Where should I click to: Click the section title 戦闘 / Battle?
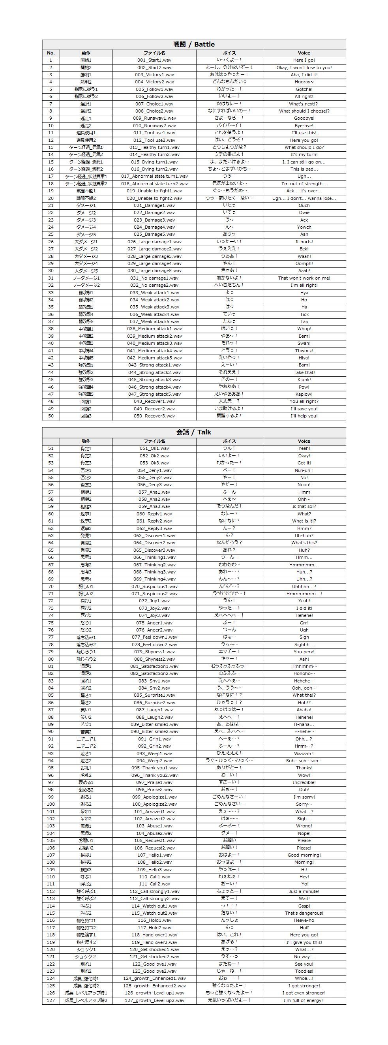(x=194, y=44)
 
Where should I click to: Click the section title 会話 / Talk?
(x=194, y=432)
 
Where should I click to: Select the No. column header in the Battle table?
(x=51, y=53)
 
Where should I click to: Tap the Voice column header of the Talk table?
(x=304, y=441)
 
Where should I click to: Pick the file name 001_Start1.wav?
(x=154, y=60)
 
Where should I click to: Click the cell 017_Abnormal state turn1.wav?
(x=154, y=176)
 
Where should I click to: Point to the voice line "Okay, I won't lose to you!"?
(x=304, y=68)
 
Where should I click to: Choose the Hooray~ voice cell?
(x=304, y=82)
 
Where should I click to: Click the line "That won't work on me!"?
(x=304, y=278)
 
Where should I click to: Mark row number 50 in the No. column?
(x=51, y=416)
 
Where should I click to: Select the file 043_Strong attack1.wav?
(x=154, y=365)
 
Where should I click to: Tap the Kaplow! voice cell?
(x=304, y=394)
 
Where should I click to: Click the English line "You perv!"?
(x=304, y=652)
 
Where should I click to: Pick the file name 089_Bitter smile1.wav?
(x=154, y=724)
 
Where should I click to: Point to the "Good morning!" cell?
(x=304, y=855)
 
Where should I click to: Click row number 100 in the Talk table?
(x=51, y=804)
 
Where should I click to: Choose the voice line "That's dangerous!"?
(x=304, y=913)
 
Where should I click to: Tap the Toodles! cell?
(x=304, y=971)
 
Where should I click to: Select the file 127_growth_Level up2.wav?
(x=154, y=1000)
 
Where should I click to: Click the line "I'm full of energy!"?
(x=304, y=1000)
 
